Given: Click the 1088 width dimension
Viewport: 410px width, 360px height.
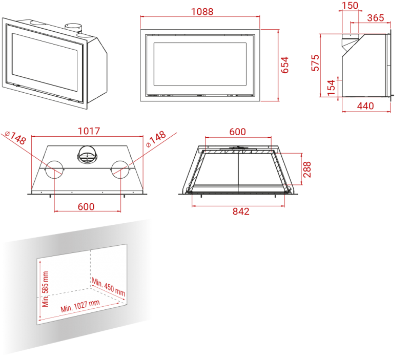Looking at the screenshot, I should pyautogui.click(x=201, y=11).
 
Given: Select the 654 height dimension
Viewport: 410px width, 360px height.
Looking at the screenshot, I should pyautogui.click(x=285, y=65).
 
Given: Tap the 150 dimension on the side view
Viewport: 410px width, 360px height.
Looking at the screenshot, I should pyautogui.click(x=350, y=6).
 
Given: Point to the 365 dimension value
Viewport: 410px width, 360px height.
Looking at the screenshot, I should pyautogui.click(x=376, y=18).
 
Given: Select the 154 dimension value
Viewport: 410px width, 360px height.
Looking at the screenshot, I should pyautogui.click(x=331, y=88).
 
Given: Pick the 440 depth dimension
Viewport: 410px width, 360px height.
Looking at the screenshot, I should pyautogui.click(x=365, y=106).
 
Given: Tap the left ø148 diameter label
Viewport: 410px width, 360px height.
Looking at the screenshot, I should pyautogui.click(x=15, y=138).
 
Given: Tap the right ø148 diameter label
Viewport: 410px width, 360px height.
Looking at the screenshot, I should pyautogui.click(x=156, y=139).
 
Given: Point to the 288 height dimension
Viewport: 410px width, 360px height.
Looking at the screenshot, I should pyautogui.click(x=306, y=170).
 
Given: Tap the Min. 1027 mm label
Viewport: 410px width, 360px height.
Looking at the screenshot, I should pyautogui.click(x=80, y=306).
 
